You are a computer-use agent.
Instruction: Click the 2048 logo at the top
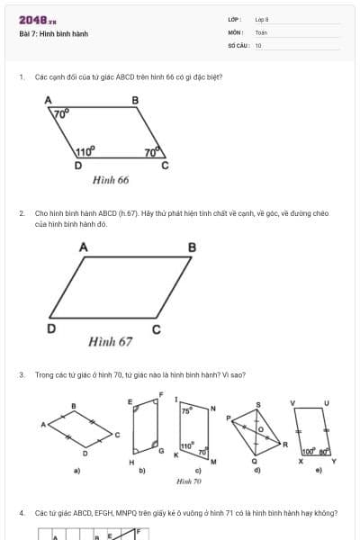point(37,20)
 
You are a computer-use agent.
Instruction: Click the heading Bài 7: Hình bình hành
point(53,34)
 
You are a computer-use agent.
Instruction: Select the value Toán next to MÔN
point(261,32)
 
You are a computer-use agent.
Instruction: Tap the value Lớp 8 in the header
point(262,19)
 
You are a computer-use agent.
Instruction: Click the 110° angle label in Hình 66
point(85,152)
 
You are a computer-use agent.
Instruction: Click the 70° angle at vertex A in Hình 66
point(60,115)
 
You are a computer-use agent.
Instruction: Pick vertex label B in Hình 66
point(136,100)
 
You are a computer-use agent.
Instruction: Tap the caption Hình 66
point(111,180)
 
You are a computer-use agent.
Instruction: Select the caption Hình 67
point(111,342)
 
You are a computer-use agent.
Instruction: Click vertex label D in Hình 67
point(51,328)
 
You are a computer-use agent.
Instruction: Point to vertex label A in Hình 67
point(84,246)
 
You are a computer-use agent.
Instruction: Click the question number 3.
point(21,374)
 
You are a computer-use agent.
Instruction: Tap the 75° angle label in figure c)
point(186,409)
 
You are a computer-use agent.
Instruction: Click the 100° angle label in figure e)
point(307,451)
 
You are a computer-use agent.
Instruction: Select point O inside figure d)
point(261,429)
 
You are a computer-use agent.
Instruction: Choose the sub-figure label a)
point(76,471)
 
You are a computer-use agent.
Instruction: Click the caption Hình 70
point(188,481)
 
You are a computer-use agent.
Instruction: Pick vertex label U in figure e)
point(326,402)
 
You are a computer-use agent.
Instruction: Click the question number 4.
point(21,513)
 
